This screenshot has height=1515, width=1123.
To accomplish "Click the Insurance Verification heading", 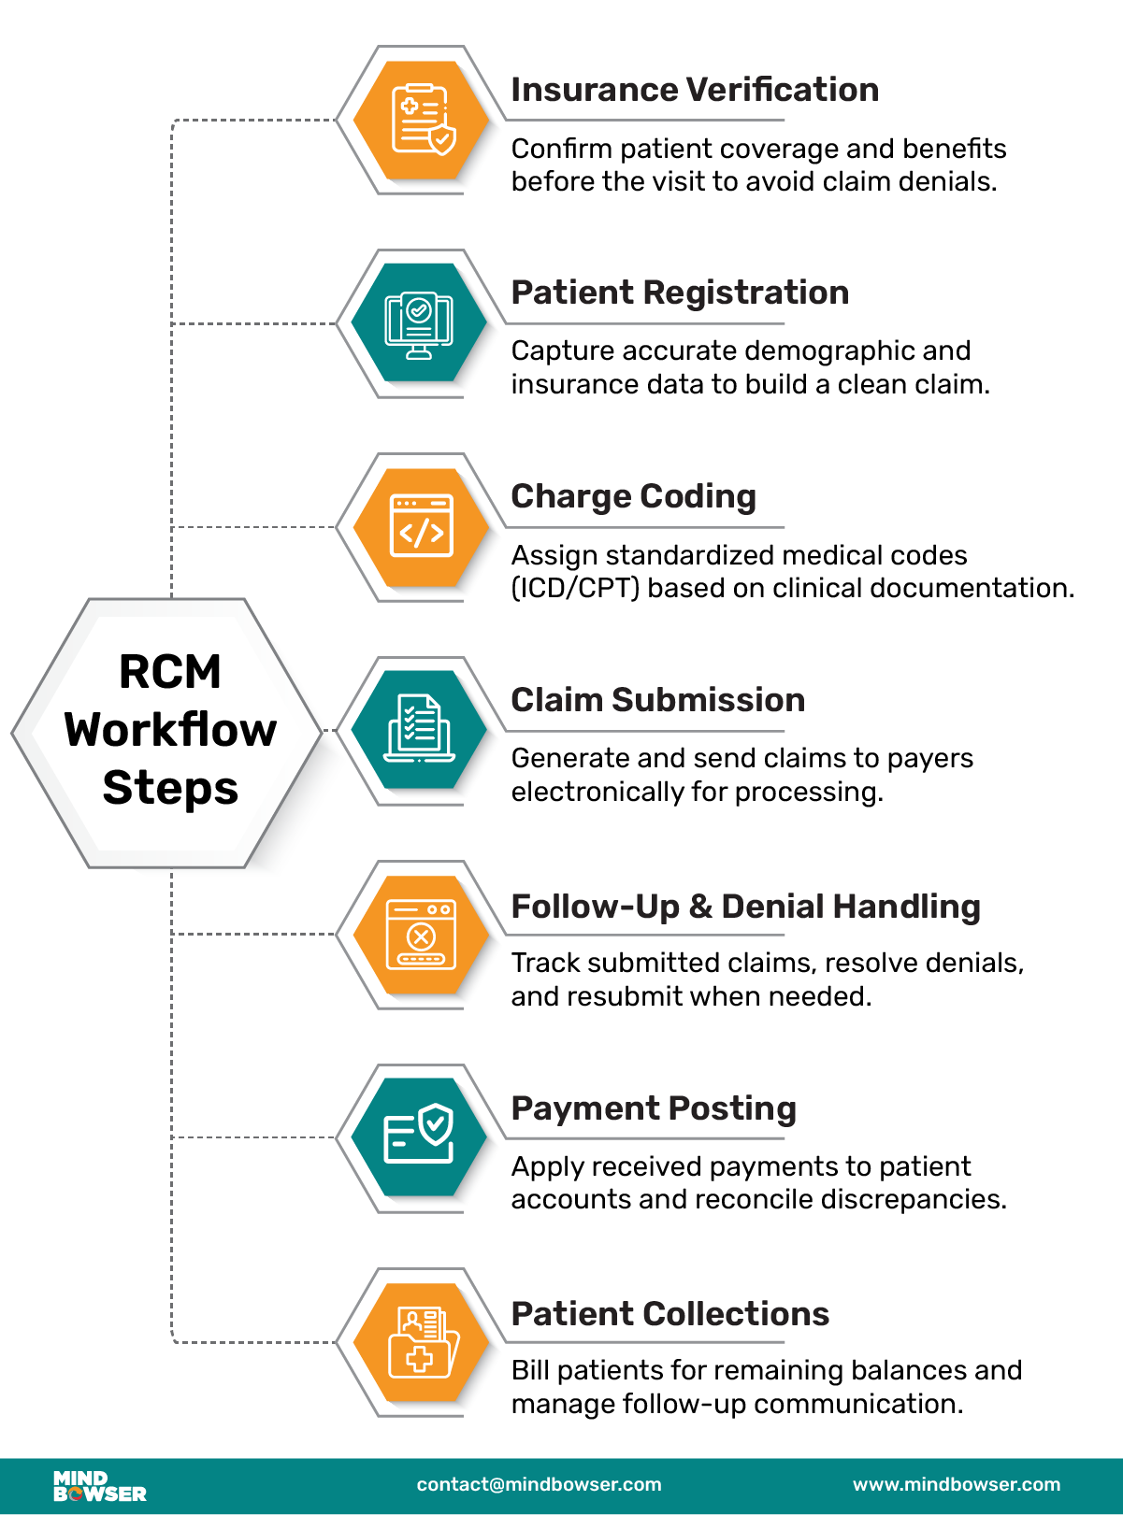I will coord(695,90).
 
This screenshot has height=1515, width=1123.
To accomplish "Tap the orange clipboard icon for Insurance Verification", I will coord(422,120).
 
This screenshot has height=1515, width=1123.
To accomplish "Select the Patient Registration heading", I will coord(680,293).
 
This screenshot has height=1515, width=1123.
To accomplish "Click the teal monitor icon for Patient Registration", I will coord(419,323).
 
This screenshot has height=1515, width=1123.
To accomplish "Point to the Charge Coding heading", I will coord(633,496).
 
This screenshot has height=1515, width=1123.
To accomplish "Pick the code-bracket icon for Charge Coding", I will coord(421,526).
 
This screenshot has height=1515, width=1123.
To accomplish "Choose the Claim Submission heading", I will coord(657,700).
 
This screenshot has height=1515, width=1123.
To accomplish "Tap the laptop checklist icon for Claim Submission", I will coord(419,730).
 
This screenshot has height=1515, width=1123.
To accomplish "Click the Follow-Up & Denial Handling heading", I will coord(745,907).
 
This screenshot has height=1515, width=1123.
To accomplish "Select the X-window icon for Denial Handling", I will coord(421,934).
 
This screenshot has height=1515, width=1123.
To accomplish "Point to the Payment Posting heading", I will coord(654,1108).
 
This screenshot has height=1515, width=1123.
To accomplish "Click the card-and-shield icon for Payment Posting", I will coord(419,1136).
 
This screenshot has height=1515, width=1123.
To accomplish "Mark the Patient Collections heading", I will coord(669,1314).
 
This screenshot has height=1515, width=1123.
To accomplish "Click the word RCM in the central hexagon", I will coord(170,672).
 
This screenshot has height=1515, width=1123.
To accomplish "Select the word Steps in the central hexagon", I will coord(170,788).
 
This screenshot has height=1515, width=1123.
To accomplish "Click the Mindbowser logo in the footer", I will coord(99,1486).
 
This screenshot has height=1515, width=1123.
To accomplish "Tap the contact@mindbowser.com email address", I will coord(539,1485).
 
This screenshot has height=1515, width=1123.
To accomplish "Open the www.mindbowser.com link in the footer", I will coord(957,1485).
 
